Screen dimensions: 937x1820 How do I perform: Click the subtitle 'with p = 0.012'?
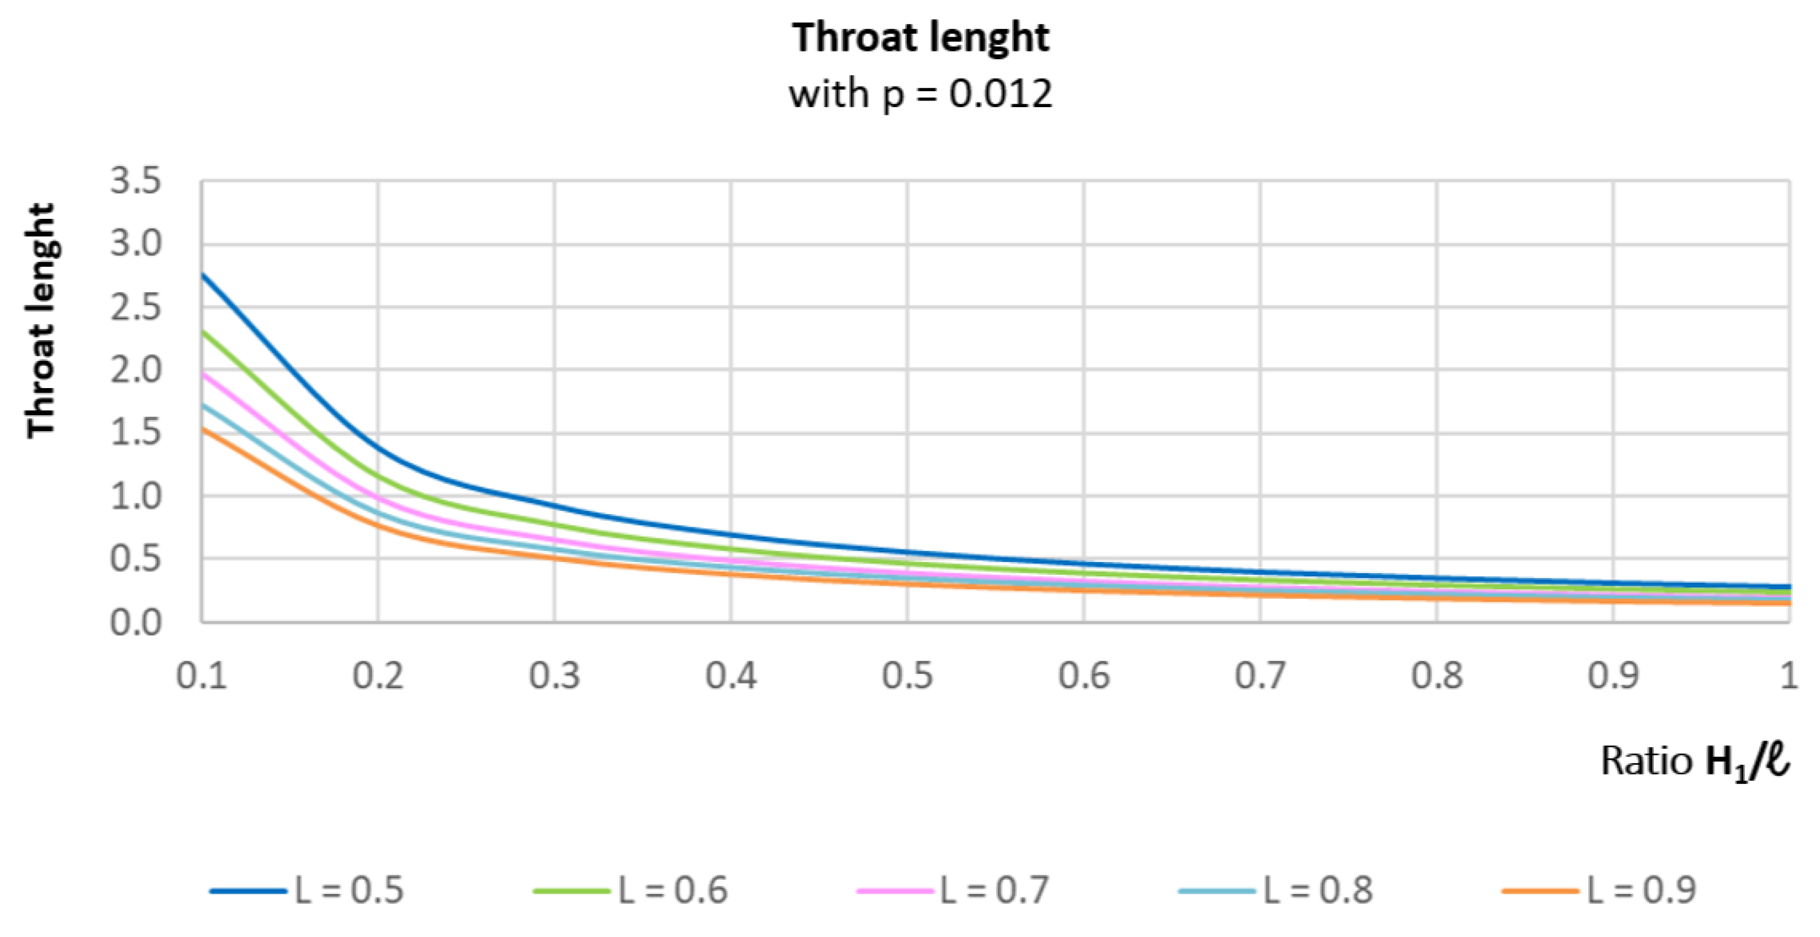click(x=920, y=93)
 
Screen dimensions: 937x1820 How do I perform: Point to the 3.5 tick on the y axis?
click(x=135, y=182)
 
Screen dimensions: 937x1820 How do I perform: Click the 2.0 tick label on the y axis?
click(x=135, y=370)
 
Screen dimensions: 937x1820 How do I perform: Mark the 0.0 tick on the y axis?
click(x=135, y=622)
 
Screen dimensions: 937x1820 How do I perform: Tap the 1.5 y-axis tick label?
click(x=135, y=432)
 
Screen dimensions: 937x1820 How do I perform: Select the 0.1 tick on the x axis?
click(x=202, y=676)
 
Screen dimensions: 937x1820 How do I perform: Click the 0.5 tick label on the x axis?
click(x=907, y=676)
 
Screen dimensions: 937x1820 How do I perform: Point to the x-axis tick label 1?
click(x=1788, y=676)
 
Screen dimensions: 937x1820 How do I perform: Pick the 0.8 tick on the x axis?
click(x=1436, y=676)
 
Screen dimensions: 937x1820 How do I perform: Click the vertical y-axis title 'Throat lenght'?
click(x=41, y=320)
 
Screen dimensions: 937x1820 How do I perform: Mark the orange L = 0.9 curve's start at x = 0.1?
click(x=203, y=429)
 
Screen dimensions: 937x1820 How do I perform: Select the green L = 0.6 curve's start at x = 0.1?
click(x=203, y=331)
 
